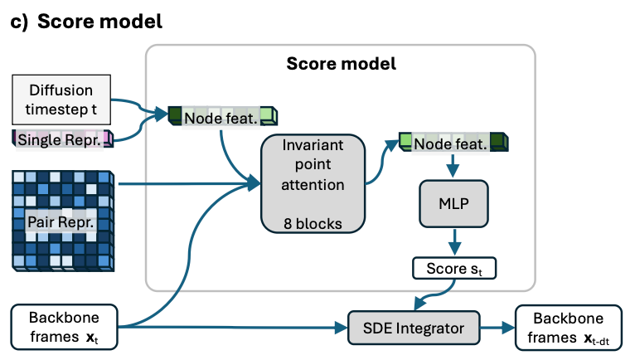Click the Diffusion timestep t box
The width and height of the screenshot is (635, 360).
pos(61,100)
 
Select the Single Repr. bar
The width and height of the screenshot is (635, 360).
pos(63,139)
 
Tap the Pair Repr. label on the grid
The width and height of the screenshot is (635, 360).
pos(61,221)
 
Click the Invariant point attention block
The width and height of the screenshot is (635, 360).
pos(313,183)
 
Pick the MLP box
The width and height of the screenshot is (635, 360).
pos(453,203)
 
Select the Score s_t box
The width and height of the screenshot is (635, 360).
pos(454,268)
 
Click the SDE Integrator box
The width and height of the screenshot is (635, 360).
pos(414,328)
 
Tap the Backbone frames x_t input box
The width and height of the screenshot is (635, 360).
pos(64,327)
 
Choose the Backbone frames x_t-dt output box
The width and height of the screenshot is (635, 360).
pos(568,328)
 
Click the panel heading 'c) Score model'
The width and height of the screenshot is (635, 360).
pos(86,21)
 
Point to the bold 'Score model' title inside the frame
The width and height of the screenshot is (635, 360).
pos(341,64)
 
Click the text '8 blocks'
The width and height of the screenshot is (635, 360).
pos(313,223)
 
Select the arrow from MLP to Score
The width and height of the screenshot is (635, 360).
pos(454,242)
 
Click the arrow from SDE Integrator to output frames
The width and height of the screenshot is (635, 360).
pos(497,328)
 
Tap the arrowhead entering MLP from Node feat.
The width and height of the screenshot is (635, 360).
pos(453,171)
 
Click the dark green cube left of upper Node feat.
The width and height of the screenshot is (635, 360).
pos(175,115)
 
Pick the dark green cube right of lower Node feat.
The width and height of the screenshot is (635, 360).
pos(499,142)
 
